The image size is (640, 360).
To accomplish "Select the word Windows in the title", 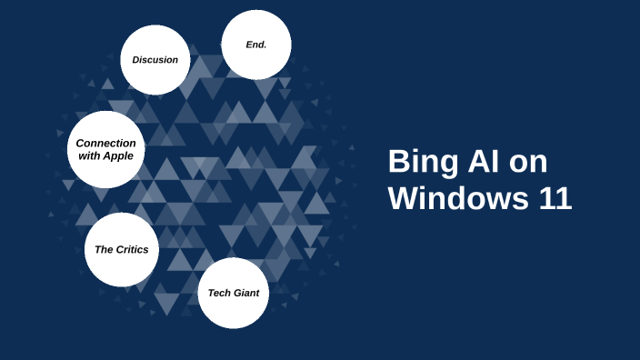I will coord(457,198).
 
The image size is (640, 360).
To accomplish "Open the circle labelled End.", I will coord(256,45).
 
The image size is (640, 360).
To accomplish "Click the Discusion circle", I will coord(155,60).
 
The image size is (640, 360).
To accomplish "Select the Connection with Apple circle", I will coord(105,150).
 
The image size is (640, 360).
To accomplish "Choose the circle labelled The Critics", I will coord(122,249).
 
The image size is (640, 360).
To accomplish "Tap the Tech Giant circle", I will coord(234,293).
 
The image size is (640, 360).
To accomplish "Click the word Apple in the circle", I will coord(118,155).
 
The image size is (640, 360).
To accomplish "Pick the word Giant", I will coord(245,293).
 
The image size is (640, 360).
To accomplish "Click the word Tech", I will coord(219,293).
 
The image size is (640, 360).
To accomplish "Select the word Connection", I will coord(105,144).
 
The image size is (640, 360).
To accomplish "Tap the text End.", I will coord(256,45).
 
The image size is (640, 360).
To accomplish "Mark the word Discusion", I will coord(155,60).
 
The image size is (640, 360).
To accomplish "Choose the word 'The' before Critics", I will coord(103,249).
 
